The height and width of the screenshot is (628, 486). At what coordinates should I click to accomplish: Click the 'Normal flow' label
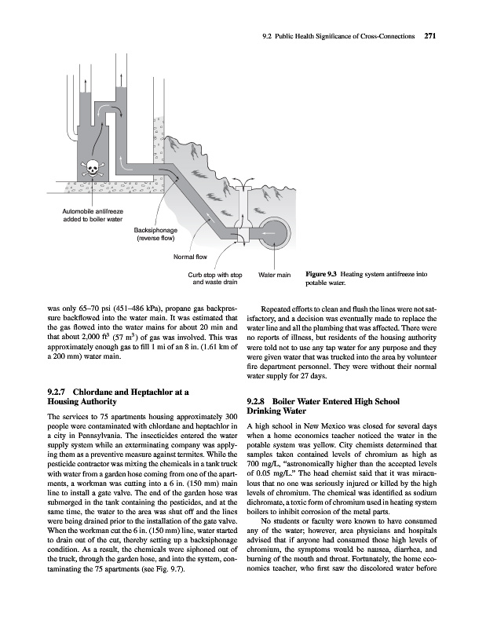pos(189,256)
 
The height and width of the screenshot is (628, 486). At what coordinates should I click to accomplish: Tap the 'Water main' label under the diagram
pos(275,275)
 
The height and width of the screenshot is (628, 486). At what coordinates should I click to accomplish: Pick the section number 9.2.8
pos(260,400)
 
